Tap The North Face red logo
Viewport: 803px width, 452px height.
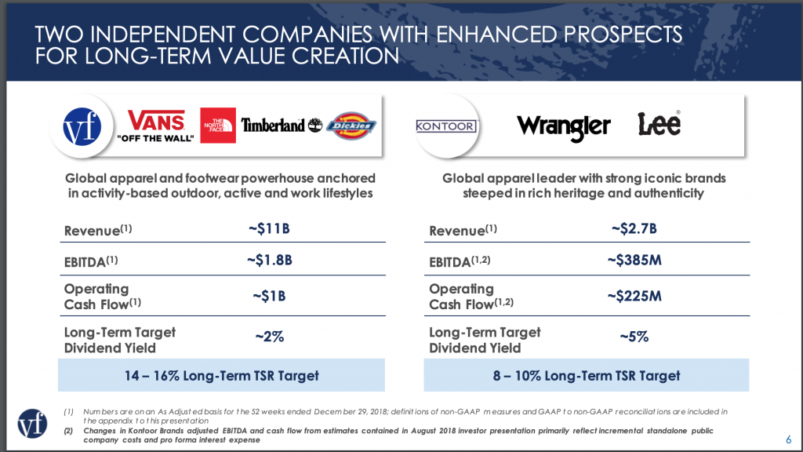(217, 125)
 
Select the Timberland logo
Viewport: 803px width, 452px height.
(281, 125)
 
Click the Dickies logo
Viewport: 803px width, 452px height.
(351, 126)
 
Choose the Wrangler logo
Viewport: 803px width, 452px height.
(563, 126)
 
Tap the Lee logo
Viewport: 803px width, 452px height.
(659, 124)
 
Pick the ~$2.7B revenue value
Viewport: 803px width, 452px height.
(633, 229)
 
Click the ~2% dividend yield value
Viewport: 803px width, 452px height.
(269, 337)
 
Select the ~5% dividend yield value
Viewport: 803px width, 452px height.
(634, 337)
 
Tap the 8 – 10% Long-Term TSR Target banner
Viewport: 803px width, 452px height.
(587, 375)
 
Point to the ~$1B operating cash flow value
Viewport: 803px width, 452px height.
(269, 296)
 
